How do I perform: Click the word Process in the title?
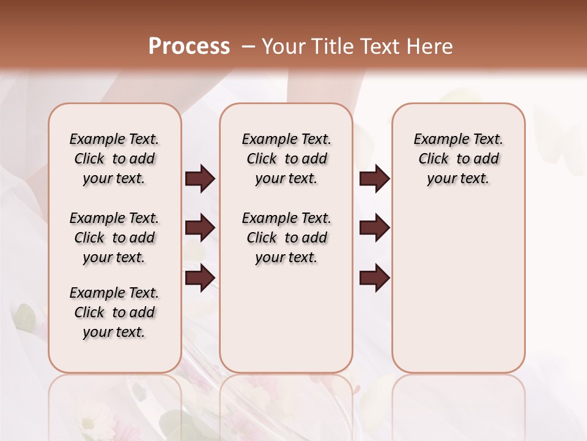coord(189,47)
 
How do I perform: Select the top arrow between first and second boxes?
coord(200,179)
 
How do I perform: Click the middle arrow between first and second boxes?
coord(200,228)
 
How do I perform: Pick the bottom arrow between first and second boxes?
coord(200,277)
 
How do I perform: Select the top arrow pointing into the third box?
coord(374,179)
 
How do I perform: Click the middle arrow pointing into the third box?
coord(374,228)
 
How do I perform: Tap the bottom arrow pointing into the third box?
coord(374,277)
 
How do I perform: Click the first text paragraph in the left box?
coord(114,159)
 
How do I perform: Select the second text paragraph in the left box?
coord(114,238)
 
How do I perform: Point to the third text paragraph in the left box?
coord(114,312)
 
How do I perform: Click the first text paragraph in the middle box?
coord(287,159)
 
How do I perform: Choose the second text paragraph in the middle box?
coord(287,238)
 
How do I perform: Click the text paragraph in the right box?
coord(459,159)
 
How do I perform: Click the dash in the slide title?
coord(248,47)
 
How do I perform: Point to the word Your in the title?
coord(283,47)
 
